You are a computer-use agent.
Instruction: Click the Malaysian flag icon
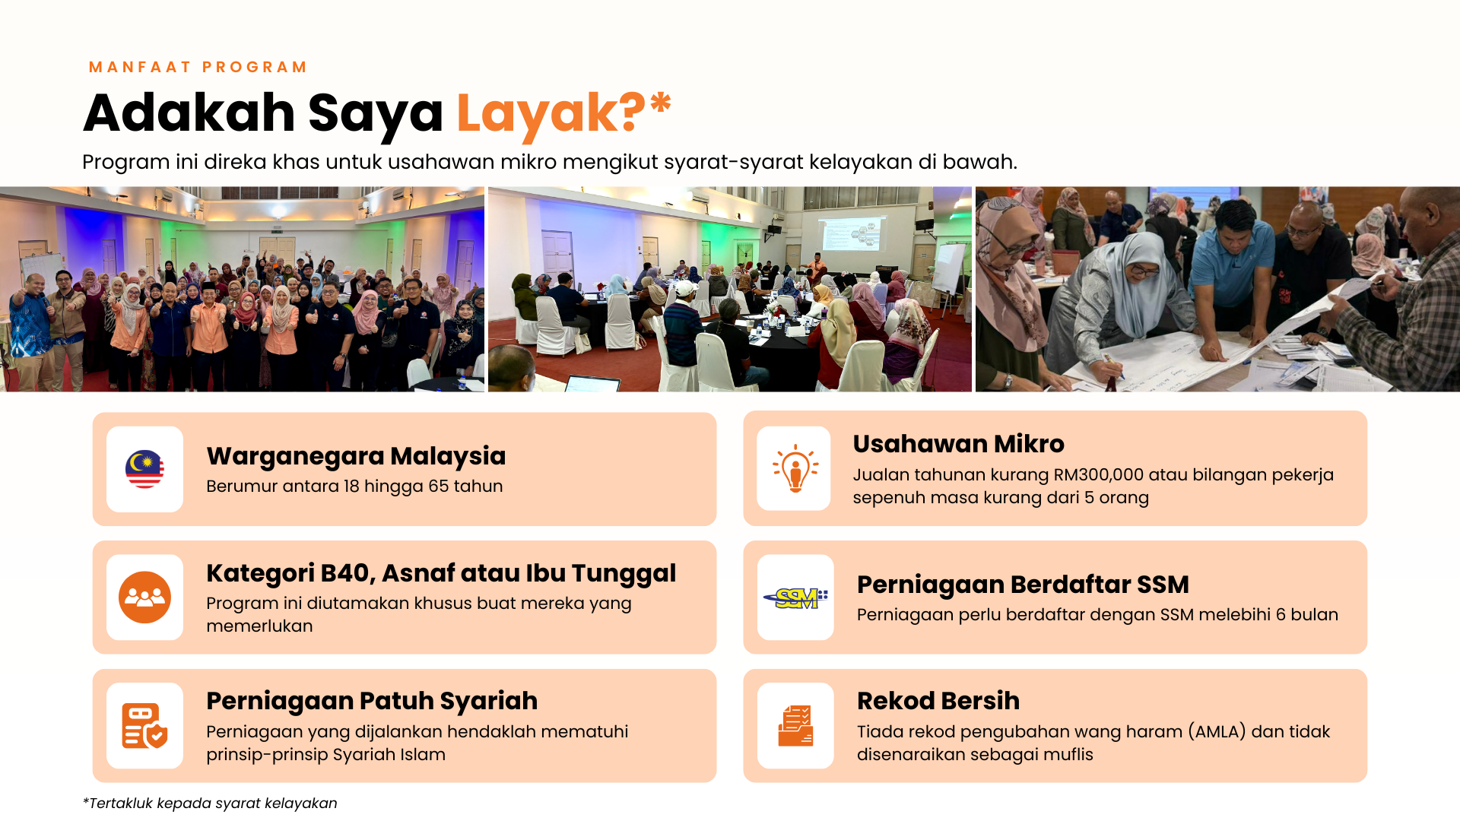(x=144, y=469)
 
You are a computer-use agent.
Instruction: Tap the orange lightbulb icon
(x=795, y=468)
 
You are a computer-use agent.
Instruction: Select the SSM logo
(x=795, y=598)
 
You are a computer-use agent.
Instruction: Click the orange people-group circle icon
(x=144, y=598)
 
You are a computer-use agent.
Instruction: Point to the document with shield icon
(x=144, y=726)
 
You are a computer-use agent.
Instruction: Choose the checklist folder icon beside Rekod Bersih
(x=795, y=726)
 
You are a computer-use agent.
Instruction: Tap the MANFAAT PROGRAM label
(x=198, y=67)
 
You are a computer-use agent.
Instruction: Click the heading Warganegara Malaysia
(x=356, y=456)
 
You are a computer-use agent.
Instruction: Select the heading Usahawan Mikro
(x=958, y=444)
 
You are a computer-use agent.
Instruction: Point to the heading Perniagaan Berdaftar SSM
(x=1023, y=585)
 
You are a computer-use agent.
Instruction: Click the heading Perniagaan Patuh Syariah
(x=372, y=701)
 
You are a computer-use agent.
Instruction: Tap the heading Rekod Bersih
(x=938, y=701)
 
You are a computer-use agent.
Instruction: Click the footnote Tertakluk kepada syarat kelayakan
(x=210, y=804)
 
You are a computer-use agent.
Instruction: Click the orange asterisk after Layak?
(x=661, y=102)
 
